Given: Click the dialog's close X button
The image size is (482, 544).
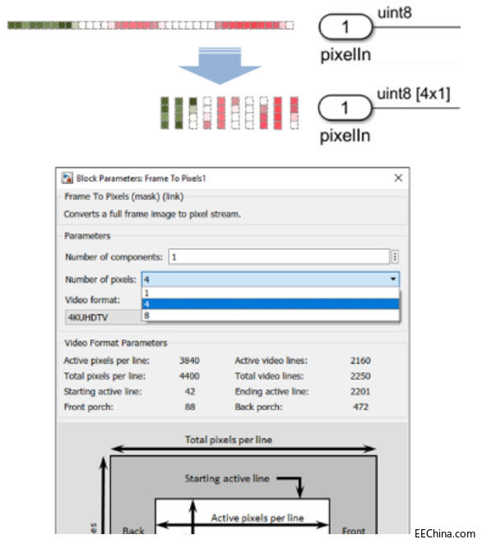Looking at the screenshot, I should [398, 177].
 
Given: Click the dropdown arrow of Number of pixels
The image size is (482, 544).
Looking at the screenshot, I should [394, 279].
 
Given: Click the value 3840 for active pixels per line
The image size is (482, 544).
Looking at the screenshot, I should [188, 360].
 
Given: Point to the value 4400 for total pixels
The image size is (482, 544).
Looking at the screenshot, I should [188, 376].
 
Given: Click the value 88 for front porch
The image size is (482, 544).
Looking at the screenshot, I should [188, 407].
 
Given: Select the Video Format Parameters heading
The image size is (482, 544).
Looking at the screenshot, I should [115, 343].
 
